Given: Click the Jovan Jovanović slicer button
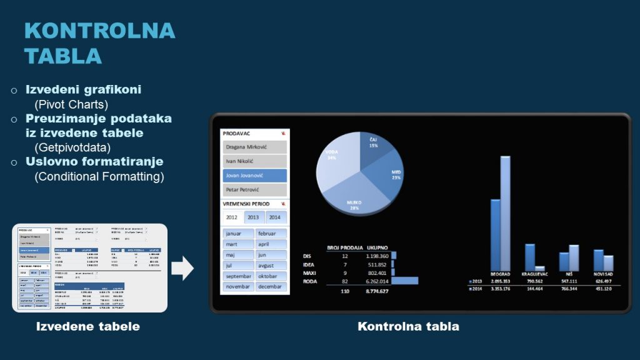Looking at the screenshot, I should click(254, 176).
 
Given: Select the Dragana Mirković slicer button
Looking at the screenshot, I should click(254, 147).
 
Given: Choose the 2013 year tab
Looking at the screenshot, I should click(253, 217).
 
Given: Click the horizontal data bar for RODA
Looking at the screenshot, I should click(404, 281).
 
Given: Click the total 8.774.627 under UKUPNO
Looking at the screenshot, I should click(377, 292).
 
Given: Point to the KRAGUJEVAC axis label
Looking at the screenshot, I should click(534, 274).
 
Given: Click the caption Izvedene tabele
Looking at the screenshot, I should click(87, 326).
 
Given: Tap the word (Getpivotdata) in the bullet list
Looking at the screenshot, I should click(72, 147).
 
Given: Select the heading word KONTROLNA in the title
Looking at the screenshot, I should click(100, 31).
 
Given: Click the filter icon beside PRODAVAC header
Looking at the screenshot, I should click(284, 133).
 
